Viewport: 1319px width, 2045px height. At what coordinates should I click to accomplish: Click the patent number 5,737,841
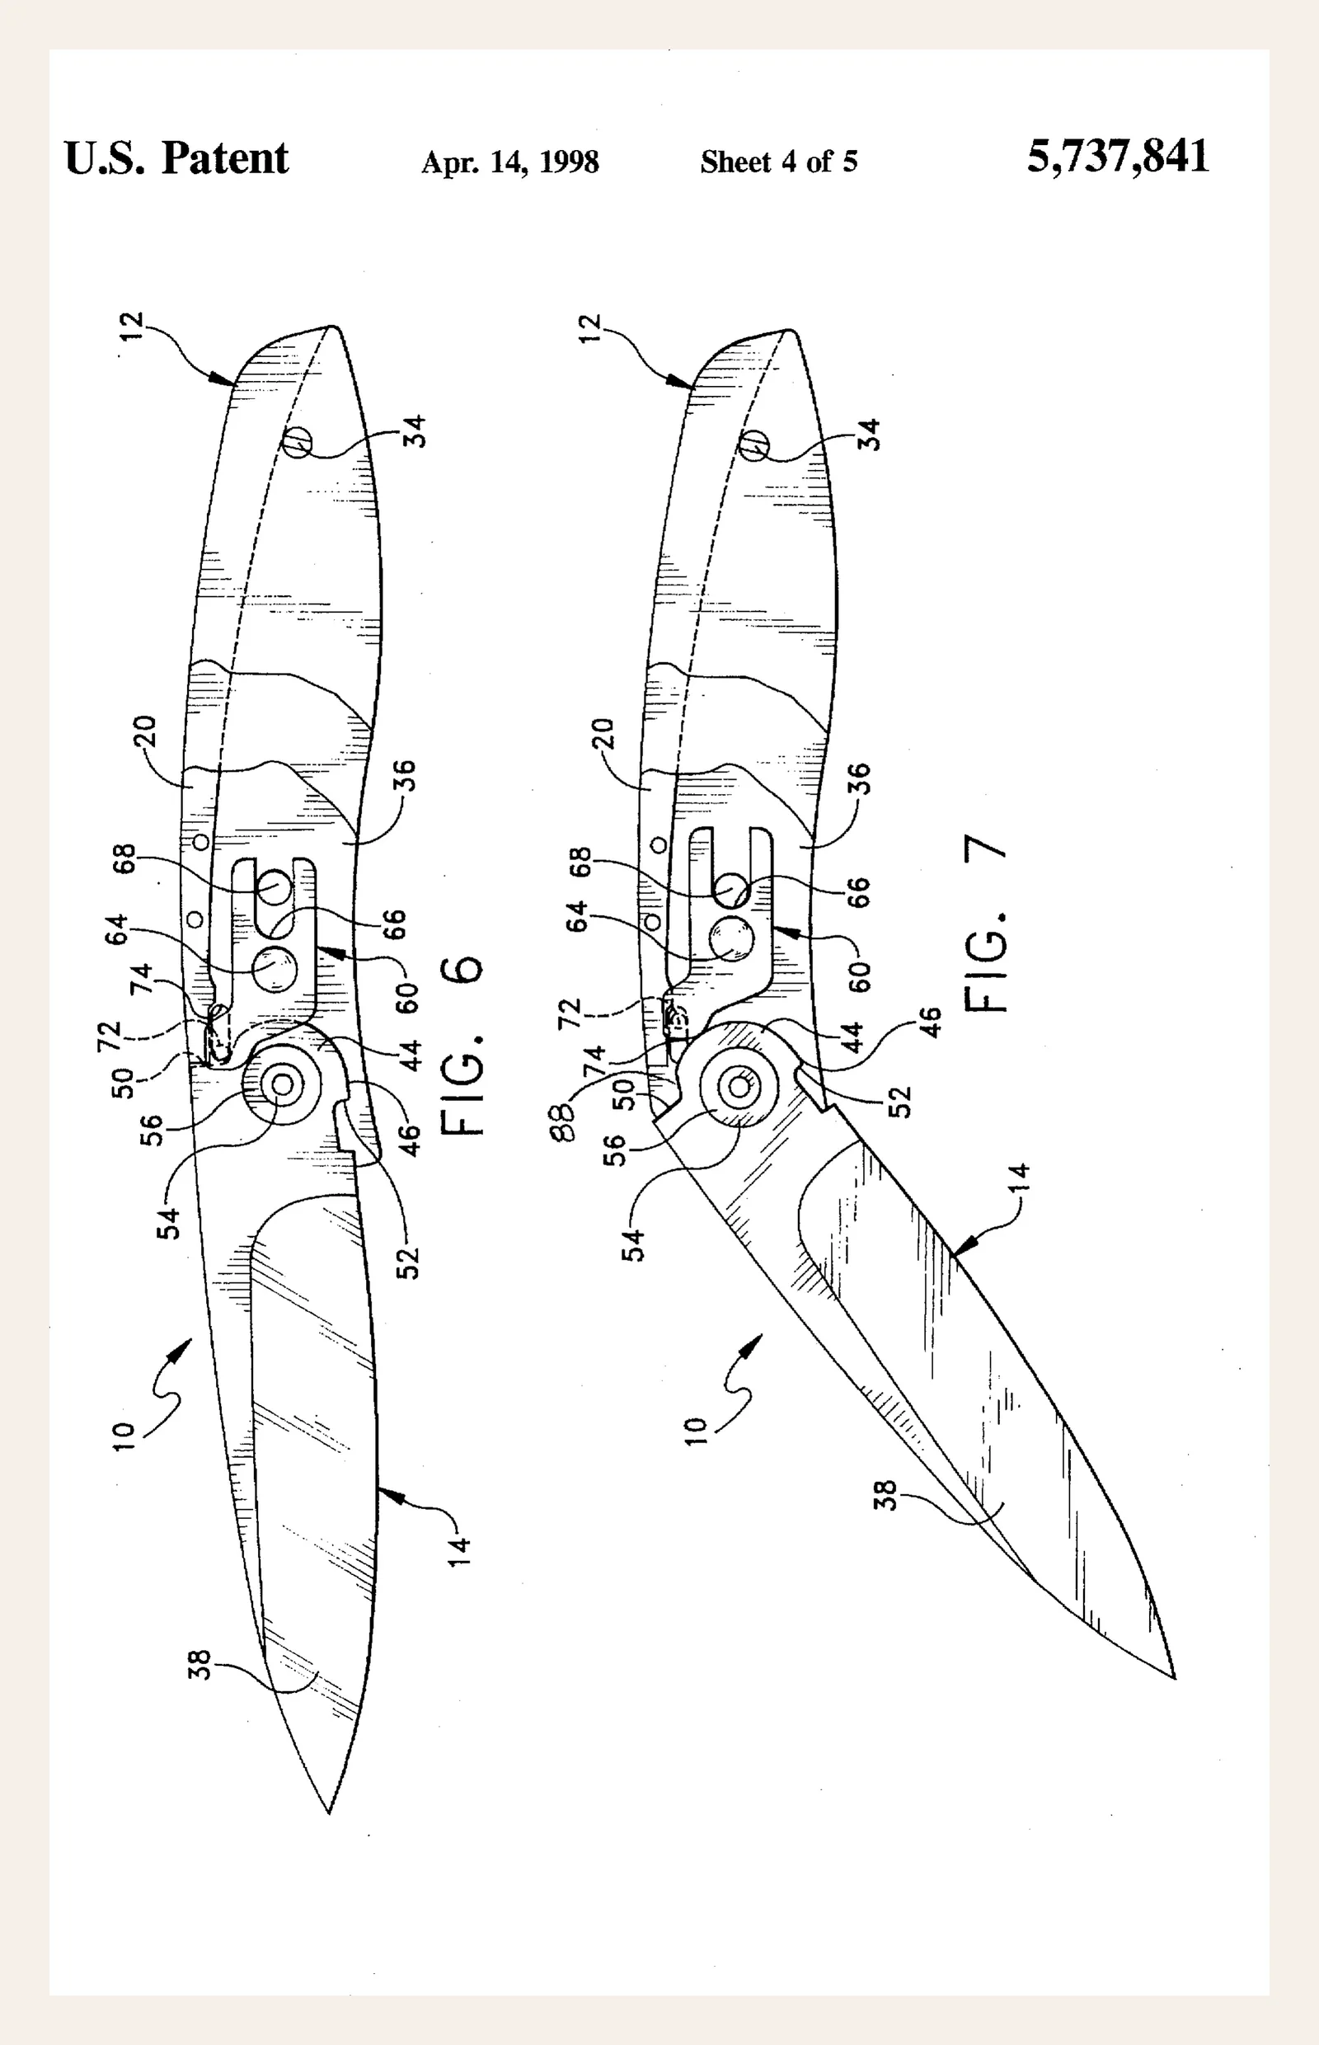tap(1118, 157)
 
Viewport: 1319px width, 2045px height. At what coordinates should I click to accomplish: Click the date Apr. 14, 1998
tap(509, 162)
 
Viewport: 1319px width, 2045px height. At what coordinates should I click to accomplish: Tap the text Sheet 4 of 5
tap(778, 161)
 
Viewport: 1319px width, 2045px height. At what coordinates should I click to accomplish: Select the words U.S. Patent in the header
tap(176, 158)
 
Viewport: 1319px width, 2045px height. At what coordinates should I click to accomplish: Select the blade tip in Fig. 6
tap(329, 1812)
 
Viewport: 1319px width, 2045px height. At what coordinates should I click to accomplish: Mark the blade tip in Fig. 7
tap(1174, 1677)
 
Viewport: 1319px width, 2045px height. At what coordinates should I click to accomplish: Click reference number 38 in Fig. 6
tap(199, 1664)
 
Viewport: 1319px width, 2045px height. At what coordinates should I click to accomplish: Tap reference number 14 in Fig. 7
tap(1019, 1178)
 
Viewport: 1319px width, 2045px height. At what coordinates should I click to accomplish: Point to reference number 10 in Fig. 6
tap(124, 1436)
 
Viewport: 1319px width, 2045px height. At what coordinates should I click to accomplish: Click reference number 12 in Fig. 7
tap(590, 328)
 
